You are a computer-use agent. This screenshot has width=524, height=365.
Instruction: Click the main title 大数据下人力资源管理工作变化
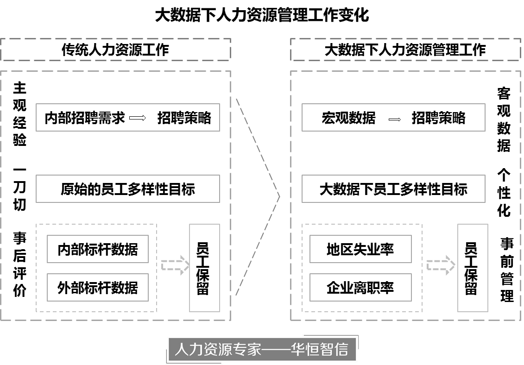(262, 14)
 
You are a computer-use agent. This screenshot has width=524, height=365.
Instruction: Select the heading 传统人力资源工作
(115, 50)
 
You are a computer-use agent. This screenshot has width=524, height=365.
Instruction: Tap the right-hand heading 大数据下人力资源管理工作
(405, 50)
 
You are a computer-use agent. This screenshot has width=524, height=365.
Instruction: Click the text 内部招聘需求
(85, 118)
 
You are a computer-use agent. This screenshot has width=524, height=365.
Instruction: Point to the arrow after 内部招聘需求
(138, 118)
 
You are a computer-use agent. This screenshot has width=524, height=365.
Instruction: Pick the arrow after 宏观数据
(394, 120)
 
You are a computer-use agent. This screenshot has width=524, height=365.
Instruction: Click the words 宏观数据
(348, 118)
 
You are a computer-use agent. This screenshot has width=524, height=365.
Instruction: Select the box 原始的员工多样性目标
(127, 189)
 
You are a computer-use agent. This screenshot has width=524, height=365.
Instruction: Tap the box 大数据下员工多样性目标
(393, 189)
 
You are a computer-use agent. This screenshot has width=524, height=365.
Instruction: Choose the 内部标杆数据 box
(97, 249)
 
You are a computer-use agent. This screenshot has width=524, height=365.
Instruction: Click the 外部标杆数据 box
(97, 287)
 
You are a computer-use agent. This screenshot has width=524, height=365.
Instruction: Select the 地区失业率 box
(360, 249)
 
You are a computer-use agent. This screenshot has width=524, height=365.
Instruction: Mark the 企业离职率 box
(360, 287)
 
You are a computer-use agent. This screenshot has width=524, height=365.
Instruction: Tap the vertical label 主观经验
(19, 114)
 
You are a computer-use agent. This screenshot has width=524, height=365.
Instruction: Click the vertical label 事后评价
(19, 264)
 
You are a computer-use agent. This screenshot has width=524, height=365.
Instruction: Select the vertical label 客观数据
(504, 120)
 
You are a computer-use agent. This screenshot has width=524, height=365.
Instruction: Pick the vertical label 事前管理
(506, 270)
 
